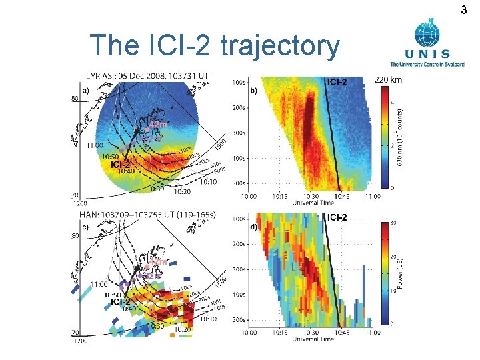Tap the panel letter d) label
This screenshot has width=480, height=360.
pyautogui.click(x=253, y=227)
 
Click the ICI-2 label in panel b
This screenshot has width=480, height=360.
pyautogui.click(x=337, y=82)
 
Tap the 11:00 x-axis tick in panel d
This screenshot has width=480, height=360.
pyautogui.click(x=372, y=331)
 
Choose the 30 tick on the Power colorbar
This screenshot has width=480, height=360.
pyautogui.click(x=393, y=223)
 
